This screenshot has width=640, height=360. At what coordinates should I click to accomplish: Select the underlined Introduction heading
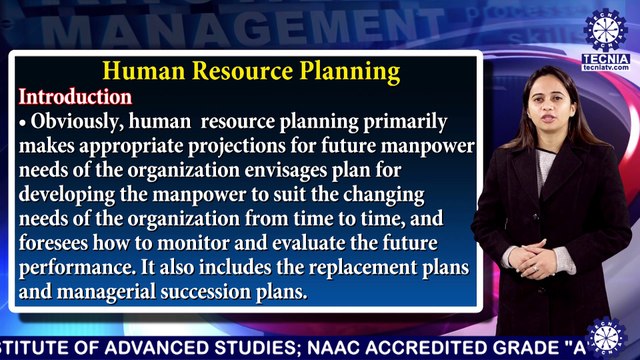coord(76,98)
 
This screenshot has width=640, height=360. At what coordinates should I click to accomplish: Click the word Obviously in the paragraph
coord(80,122)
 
